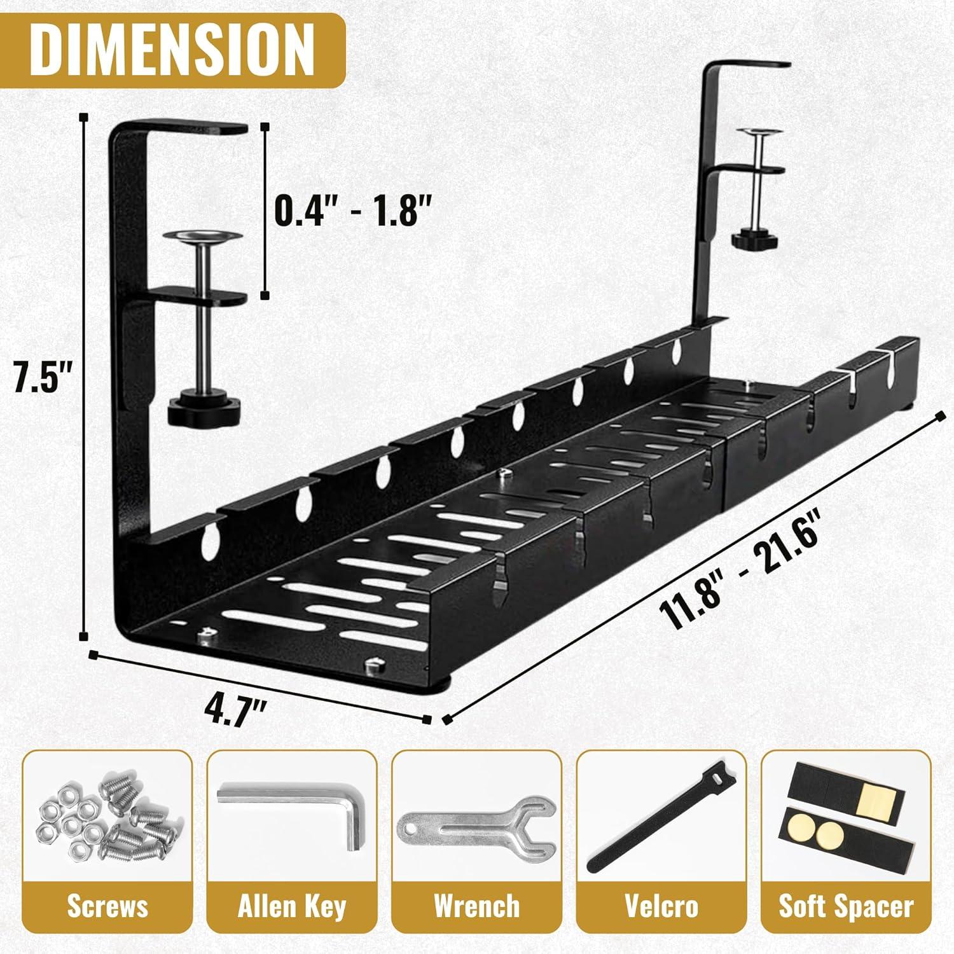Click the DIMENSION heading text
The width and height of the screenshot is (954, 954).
(173, 46)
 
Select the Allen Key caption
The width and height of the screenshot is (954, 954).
(292, 906)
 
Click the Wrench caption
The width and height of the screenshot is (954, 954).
(476, 906)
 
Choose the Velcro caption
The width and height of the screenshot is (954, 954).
(661, 906)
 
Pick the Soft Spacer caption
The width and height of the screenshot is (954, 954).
(847, 906)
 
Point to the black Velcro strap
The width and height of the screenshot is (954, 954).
(655, 820)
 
